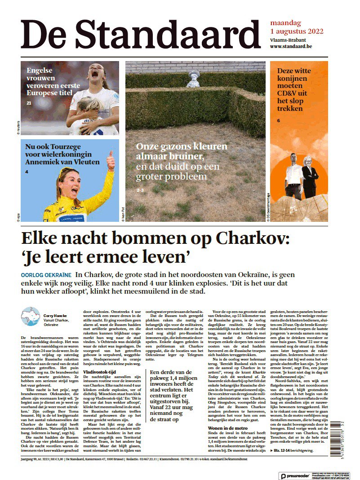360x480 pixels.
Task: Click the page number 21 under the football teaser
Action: click(x=29, y=103)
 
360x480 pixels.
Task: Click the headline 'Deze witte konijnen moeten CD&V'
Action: click(x=298, y=89)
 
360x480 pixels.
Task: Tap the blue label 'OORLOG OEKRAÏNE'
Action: click(x=45, y=274)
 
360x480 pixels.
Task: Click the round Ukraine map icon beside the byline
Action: click(x=31, y=317)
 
